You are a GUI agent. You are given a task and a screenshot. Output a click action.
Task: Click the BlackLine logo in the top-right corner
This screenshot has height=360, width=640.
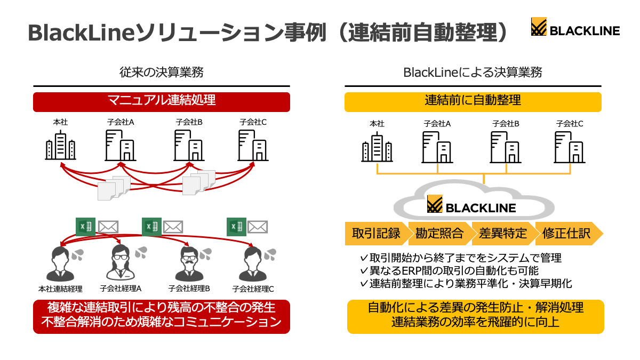tap(575, 27)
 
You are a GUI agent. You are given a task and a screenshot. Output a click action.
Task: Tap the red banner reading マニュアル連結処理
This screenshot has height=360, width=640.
tap(162, 102)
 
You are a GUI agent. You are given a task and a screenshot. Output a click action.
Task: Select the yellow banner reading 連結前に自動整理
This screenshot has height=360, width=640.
tap(473, 102)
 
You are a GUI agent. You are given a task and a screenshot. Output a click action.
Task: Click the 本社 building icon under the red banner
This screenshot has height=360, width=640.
tap(61, 145)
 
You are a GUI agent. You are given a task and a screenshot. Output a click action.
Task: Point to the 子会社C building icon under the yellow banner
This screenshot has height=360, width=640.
tap(570, 147)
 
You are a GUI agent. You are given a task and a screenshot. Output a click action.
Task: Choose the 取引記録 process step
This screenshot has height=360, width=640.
tap(377, 234)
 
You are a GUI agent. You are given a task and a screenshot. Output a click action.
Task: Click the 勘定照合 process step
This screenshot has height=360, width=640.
tap(439, 234)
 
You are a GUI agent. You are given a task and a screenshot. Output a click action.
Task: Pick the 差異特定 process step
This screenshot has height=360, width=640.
tap(503, 234)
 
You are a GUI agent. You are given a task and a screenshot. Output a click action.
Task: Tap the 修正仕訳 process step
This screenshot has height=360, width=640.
tap(567, 234)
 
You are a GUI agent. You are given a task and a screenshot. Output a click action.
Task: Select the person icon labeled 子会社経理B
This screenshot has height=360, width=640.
tap(189, 263)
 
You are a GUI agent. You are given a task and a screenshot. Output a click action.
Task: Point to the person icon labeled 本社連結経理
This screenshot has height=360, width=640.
tap(60, 263)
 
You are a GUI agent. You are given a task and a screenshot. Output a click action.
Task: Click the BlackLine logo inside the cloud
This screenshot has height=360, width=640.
tap(471, 204)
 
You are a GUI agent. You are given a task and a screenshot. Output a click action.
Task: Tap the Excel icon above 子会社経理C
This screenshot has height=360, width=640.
tap(236, 227)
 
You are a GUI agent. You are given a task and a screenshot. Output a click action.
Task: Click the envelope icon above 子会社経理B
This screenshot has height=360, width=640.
tap(173, 227)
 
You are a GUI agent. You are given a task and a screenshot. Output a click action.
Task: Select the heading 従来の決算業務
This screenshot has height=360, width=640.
tap(162, 73)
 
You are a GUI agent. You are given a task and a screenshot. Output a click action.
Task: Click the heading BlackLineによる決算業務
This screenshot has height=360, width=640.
tap(473, 73)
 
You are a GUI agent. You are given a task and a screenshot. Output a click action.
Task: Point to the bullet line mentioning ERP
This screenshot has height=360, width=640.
tap(450, 270)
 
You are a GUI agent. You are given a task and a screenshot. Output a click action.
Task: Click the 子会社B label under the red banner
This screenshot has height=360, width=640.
tap(189, 122)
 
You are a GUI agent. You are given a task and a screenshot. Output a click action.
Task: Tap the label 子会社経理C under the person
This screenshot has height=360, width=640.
tap(253, 289)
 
